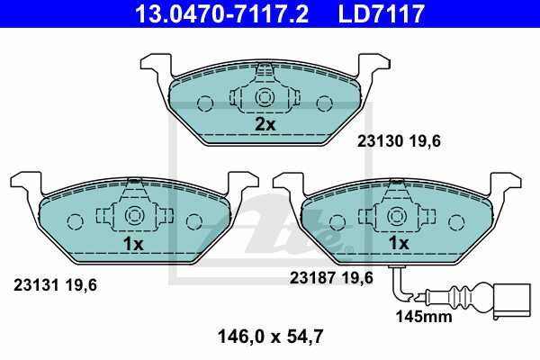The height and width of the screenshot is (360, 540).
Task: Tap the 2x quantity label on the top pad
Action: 265,124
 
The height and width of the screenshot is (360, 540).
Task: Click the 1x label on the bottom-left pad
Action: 133,243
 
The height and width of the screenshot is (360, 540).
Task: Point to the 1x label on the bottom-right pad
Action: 398,243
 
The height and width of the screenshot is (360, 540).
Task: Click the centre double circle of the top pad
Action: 265,98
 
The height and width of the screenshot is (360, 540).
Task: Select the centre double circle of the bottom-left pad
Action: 133,217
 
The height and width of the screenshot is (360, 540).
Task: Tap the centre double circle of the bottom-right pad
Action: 398,217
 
